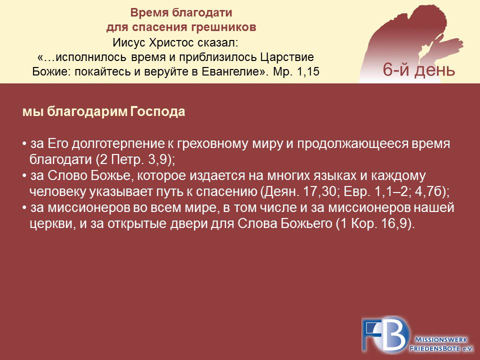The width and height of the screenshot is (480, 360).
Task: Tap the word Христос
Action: (171, 42)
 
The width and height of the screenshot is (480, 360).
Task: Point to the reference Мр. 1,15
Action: (296, 71)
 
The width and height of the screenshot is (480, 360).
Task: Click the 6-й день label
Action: (419, 69)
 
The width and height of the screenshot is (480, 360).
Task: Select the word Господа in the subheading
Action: (157, 111)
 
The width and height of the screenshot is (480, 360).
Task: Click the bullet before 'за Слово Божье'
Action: (24, 176)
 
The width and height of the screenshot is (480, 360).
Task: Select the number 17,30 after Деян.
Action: (321, 192)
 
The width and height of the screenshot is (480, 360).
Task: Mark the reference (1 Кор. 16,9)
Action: (375, 224)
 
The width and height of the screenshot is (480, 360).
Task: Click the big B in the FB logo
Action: (394, 334)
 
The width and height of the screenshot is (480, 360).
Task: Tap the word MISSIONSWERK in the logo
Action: (441, 339)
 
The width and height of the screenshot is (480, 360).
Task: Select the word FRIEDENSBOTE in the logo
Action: (435, 348)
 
